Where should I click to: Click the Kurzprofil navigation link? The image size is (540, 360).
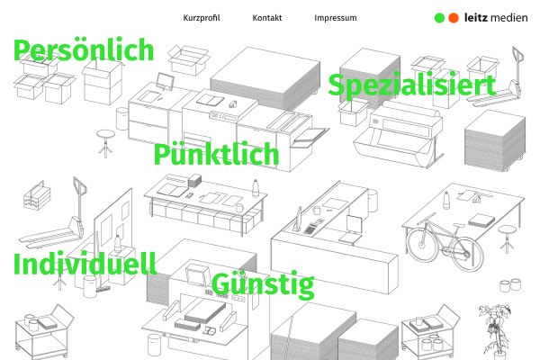pos(202,18)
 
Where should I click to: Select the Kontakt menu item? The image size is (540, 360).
pos(267,18)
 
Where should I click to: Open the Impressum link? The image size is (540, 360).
pos(336,18)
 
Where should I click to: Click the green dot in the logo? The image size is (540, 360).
pos(439,18)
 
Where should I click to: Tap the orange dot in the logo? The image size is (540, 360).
pos(454,18)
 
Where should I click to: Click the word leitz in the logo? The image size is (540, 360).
pos(476,18)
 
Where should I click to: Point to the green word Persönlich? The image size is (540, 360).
pos(84,50)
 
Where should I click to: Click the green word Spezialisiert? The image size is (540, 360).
pos(412,85)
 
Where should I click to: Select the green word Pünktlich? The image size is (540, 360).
pos(216,154)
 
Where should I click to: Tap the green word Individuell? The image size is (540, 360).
pos(85,264)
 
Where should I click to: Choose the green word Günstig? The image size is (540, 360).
pos(263,284)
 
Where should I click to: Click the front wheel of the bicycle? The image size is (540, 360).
pos(422,244)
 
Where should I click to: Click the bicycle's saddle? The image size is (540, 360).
pos(458,225)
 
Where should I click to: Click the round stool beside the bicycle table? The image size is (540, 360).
pos(507,238)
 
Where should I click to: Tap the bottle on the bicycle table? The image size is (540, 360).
pos(446,200)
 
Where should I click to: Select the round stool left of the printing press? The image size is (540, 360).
pos(105,143)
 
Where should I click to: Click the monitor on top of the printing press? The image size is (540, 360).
pos(165,81)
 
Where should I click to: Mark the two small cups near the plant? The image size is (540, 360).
pos(510,285)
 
